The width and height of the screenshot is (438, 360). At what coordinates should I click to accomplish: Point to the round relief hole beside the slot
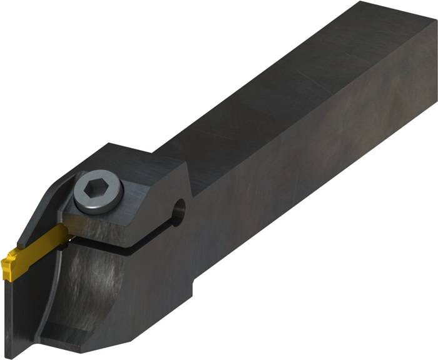click(x=180, y=211)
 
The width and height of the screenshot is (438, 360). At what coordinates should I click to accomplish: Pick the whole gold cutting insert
click(x=34, y=246)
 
